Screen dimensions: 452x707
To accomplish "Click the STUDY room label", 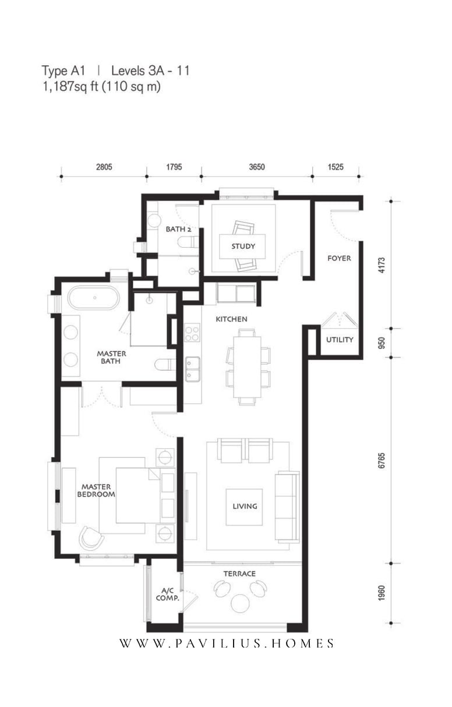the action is coord(243,246).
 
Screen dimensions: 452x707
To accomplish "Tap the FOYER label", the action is coord(339,258).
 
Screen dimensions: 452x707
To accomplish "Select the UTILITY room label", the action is coord(340,340).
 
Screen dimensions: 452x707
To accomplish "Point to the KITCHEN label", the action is coord(231,319).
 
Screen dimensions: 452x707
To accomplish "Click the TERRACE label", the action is coord(239,574).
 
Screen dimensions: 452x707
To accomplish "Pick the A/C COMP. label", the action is coord(168,594).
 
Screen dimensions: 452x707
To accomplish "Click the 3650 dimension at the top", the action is coord(257,167).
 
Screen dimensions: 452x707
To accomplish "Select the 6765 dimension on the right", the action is coord(382,460).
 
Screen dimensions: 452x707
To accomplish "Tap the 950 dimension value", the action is coord(382,343).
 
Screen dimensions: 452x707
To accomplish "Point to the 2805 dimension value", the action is coord(104,167).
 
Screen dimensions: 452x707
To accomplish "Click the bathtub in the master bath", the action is coord(94,297).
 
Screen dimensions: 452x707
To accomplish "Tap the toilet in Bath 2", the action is coord(188,242).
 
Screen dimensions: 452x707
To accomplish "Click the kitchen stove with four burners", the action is coord(192,333).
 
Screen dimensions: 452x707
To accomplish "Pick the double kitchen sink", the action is coord(192,369).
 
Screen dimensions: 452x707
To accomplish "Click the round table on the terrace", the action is coord(241,603).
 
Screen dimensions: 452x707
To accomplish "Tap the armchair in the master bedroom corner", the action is coord(91,537).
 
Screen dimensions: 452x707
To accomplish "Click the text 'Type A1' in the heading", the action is coord(63,71).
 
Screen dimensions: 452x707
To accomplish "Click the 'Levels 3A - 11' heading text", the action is coord(150,71).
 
